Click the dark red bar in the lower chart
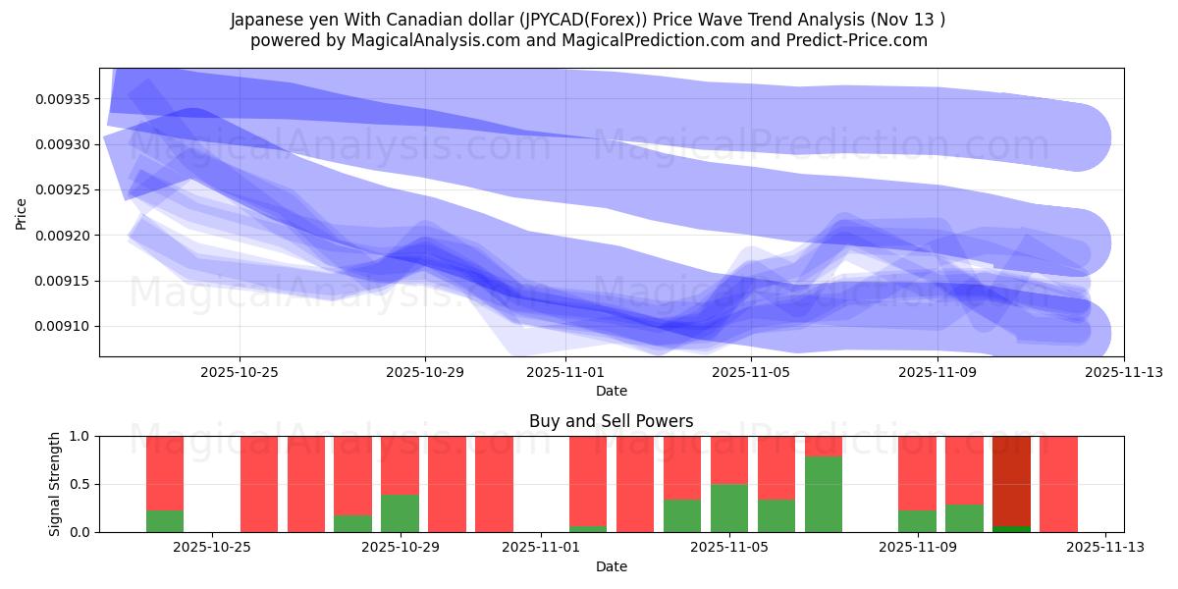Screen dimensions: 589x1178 point(1011,480)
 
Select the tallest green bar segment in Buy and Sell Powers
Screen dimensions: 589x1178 point(824,494)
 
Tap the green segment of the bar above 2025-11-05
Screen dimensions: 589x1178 point(729,508)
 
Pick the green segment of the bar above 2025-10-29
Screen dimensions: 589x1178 point(400,512)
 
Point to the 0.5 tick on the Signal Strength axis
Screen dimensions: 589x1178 point(80,484)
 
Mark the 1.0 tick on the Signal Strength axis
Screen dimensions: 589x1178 point(80,436)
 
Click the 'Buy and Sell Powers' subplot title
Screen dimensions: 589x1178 point(611,421)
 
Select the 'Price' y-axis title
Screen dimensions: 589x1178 point(22,212)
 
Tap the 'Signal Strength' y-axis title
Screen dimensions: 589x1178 point(55,484)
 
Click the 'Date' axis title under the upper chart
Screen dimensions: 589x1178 point(611,391)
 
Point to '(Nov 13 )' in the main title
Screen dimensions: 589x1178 point(912,20)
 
